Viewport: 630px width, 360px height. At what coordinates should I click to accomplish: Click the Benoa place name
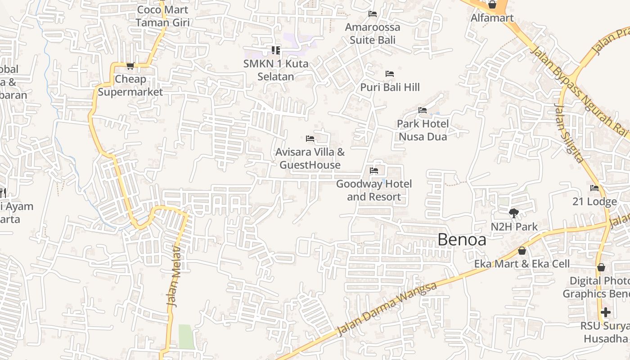tap(462, 240)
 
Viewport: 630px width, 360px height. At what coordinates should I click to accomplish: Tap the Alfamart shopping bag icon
tap(492, 5)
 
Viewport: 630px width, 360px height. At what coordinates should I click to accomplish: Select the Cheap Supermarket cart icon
tap(130, 66)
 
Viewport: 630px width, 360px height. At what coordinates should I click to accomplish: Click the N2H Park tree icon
tap(513, 213)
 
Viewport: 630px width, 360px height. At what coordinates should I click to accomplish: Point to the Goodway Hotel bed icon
tap(374, 171)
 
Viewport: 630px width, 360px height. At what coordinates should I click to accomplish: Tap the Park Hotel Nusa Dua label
tap(423, 130)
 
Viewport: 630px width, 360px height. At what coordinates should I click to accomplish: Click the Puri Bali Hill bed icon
tap(390, 74)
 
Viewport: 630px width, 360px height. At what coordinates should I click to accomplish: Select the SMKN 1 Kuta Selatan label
tap(276, 70)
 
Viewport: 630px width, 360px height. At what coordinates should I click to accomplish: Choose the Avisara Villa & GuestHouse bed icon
tap(310, 139)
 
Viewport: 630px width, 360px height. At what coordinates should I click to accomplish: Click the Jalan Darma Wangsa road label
tap(387, 310)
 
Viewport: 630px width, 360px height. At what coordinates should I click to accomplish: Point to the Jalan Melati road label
tap(174, 277)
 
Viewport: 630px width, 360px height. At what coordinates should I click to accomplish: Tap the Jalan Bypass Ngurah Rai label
tap(580, 90)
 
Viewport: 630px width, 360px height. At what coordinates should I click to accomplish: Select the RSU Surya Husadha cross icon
tap(606, 312)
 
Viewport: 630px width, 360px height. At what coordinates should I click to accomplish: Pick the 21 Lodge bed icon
tap(594, 188)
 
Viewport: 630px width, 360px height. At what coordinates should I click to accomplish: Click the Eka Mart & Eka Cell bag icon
tap(522, 251)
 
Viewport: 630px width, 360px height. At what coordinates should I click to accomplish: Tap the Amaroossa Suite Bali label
tap(372, 34)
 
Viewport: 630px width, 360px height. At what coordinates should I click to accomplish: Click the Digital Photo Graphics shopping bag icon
tap(601, 268)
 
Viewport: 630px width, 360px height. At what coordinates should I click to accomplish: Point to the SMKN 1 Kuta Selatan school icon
tap(275, 50)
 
